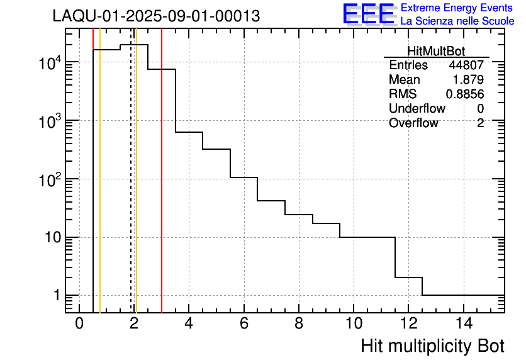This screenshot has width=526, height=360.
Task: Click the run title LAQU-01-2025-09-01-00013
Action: click(156, 16)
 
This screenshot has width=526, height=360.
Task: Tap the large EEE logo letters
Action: click(368, 14)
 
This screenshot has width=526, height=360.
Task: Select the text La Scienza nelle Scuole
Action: click(457, 21)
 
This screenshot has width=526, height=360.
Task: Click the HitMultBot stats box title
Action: click(436, 52)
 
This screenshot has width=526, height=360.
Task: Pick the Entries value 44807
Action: click(466, 65)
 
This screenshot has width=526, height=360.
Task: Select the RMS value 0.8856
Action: click(465, 94)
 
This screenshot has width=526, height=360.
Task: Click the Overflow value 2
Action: click(480, 123)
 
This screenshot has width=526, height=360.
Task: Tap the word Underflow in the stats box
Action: click(417, 109)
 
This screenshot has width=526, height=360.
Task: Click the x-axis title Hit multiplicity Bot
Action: click(432, 346)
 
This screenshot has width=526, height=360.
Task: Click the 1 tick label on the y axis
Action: click(56, 295)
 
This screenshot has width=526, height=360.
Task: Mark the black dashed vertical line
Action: click(131, 189)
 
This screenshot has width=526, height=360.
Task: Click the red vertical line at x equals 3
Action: click(162, 189)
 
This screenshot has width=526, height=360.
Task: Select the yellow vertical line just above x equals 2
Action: click(136, 189)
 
